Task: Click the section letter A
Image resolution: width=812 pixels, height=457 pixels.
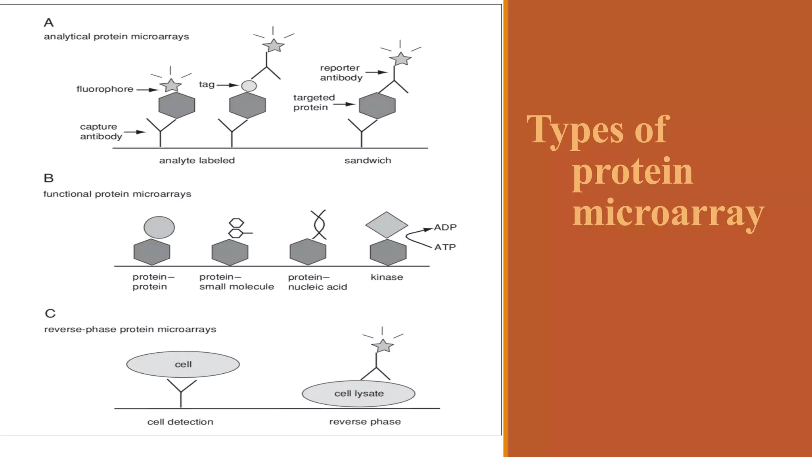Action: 49,23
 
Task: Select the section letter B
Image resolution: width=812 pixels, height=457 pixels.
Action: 49,178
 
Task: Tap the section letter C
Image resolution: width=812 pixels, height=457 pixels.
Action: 50,313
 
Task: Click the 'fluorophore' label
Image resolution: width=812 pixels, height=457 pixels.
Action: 105,89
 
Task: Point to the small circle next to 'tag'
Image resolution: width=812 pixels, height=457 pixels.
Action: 249,86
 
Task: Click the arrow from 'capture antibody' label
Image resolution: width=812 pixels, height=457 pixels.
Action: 135,132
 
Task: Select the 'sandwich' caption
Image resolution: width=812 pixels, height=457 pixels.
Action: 368,161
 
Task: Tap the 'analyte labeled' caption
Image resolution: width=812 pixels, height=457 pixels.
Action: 197,161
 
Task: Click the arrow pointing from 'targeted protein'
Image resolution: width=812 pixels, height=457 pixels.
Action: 344,104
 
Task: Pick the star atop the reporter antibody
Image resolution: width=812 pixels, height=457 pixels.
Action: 400,59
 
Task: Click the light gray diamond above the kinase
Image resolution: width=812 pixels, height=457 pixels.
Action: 387,225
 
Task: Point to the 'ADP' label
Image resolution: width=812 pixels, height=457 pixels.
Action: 445,227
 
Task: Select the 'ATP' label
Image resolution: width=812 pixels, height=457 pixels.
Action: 445,247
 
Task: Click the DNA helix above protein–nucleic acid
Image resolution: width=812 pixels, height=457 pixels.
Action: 319,225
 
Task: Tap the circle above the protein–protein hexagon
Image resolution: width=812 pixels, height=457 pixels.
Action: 159,227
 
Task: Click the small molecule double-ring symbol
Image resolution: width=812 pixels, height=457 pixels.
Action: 237,228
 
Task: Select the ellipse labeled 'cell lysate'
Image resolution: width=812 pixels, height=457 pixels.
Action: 358,394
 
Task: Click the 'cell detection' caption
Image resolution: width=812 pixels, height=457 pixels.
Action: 180,422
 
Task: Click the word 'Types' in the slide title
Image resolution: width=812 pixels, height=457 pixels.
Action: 575,130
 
